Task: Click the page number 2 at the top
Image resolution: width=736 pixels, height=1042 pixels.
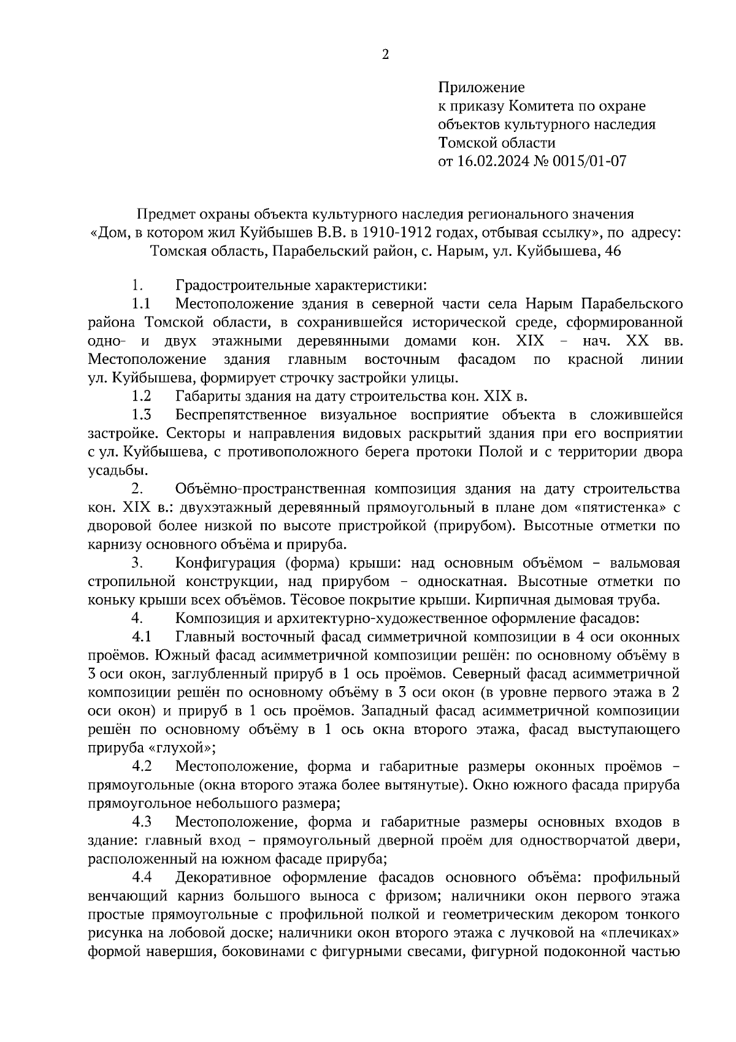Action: click(385, 55)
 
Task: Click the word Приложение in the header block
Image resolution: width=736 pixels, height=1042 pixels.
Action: click(481, 88)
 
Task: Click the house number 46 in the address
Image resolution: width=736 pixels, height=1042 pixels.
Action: click(613, 251)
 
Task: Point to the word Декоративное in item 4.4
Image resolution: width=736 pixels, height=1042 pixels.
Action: click(223, 877)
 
